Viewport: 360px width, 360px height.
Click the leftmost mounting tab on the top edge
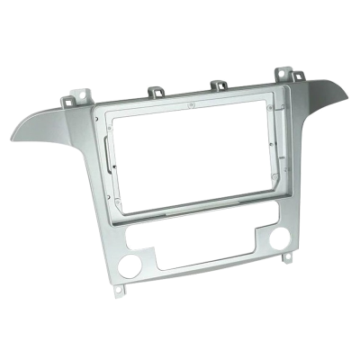[x=85, y=93]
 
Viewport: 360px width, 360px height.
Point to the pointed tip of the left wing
[x=13, y=139]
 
